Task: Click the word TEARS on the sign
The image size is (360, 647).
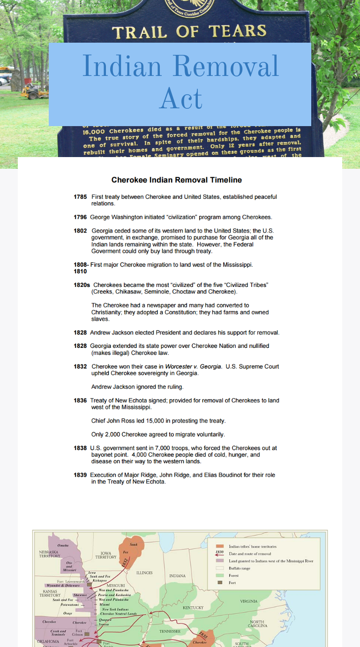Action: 238,31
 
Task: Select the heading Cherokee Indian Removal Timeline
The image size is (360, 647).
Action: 176,180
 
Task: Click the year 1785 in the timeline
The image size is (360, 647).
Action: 80,197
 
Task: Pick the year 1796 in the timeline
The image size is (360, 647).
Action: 80,218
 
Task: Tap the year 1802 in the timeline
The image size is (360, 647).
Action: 80,231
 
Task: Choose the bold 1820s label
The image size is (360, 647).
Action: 82,285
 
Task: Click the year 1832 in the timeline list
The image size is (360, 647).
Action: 80,367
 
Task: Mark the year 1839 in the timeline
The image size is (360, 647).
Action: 80,475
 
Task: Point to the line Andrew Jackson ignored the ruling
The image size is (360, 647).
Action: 137,387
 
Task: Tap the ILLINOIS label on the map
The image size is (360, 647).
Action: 144,573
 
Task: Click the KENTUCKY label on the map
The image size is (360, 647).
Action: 193,608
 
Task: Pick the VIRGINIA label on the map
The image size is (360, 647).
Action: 248,601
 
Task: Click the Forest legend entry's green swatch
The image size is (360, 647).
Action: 219,575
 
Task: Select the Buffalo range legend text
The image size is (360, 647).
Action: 240,568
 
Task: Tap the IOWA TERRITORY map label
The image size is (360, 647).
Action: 105,556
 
